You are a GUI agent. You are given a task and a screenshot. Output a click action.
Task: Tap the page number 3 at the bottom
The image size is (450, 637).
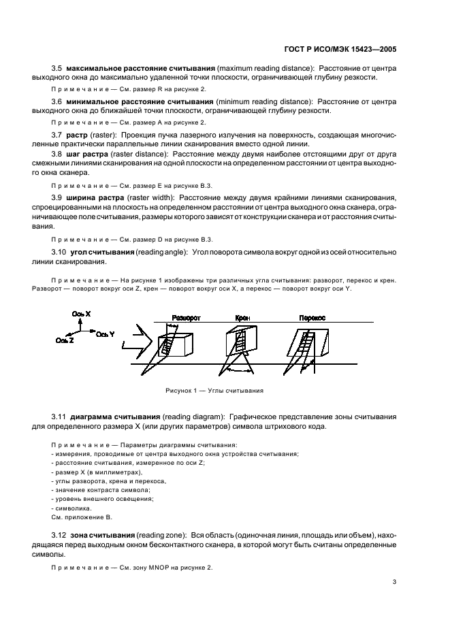[x=394, y=583]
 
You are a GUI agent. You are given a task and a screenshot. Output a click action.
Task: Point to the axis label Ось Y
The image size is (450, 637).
[x=105, y=334]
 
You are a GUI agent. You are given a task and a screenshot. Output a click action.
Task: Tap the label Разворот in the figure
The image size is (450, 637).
[x=185, y=318]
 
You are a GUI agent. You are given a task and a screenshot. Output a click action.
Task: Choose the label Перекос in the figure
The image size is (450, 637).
[x=312, y=318]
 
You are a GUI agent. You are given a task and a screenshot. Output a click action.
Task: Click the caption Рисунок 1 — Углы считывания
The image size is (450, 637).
[x=214, y=391]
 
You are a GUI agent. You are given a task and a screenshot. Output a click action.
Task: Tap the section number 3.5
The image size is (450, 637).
[x=57, y=70]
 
